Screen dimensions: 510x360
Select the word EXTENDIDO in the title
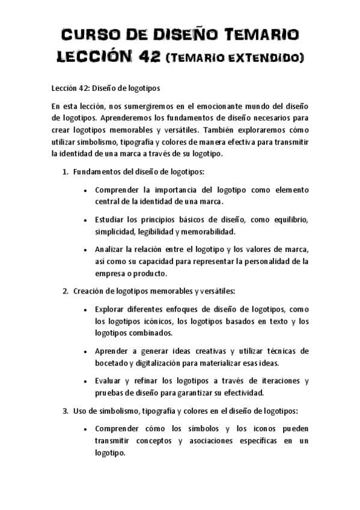coord(262,58)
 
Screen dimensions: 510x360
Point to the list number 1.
coord(65,172)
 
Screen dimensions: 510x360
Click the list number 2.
coord(65,291)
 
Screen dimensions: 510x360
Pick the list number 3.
coord(65,411)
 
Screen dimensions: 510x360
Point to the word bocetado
coord(112,363)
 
